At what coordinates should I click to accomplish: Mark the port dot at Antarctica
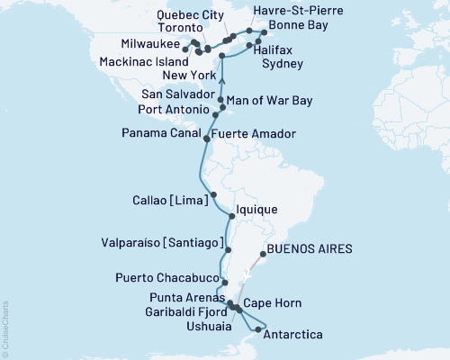tap(258, 330)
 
